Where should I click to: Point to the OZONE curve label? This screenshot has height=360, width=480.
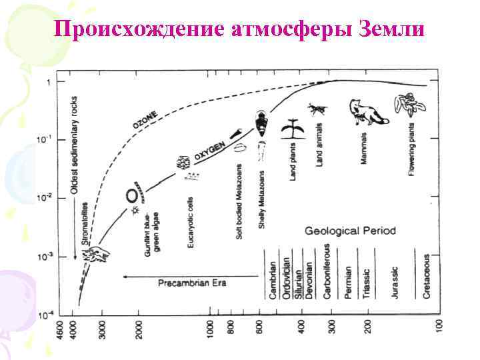point(145,121)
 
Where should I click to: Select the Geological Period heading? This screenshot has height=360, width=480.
point(350,231)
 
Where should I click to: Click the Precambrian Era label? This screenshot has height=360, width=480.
point(192,282)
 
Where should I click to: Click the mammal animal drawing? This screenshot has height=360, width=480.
point(364,111)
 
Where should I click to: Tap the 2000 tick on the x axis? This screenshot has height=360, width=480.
point(139,328)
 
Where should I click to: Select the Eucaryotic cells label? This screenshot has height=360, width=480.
point(191,217)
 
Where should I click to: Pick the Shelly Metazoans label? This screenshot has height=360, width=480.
point(263,200)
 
